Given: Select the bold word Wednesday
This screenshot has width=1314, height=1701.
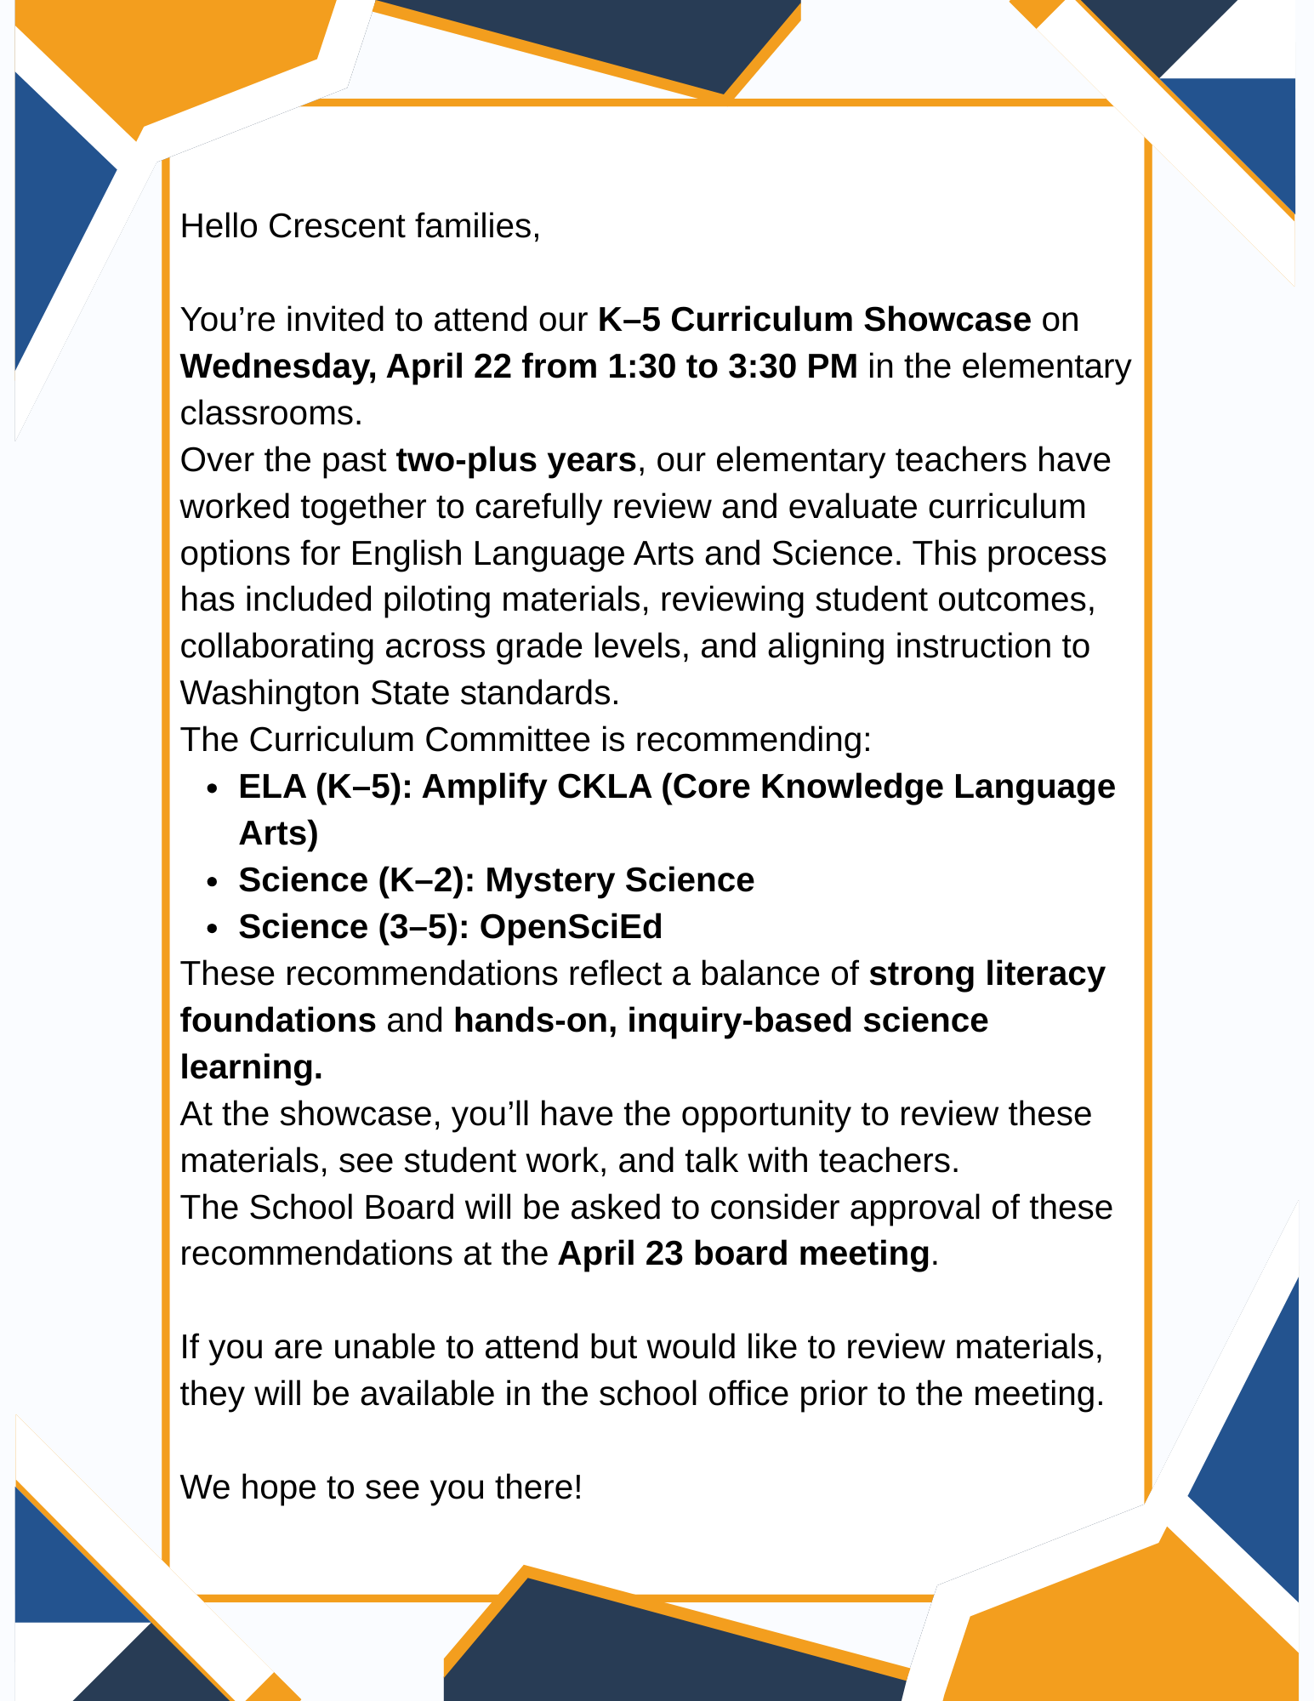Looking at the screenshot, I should (276, 367).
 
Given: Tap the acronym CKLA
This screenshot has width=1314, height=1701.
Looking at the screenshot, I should (603, 787).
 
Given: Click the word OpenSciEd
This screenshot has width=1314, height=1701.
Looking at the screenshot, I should (571, 927).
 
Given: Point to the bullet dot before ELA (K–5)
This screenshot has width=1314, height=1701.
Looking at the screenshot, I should (213, 788).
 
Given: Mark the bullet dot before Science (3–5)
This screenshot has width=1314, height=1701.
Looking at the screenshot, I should (213, 929).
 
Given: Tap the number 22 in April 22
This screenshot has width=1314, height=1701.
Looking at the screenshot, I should (492, 367).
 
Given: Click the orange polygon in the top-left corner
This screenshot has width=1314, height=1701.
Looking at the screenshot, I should (213, 51).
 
